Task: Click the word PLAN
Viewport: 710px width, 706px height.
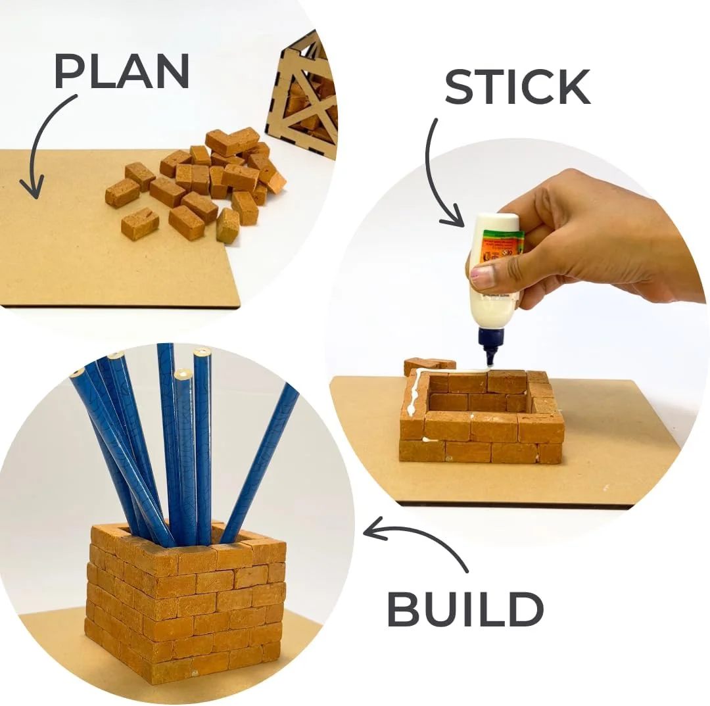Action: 122,71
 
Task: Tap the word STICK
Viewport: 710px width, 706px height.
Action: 517,87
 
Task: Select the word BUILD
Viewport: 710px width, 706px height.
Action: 465,609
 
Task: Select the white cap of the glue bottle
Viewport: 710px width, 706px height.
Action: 496,222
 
